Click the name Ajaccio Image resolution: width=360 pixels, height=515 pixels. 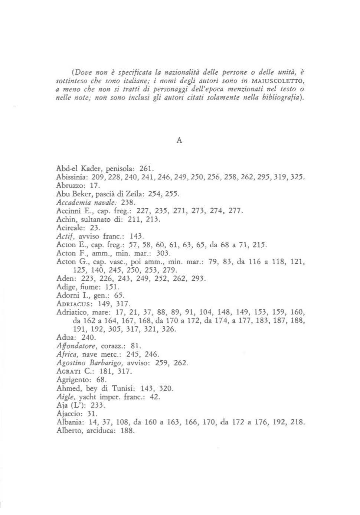67,413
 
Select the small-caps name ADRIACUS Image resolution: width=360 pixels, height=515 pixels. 71,304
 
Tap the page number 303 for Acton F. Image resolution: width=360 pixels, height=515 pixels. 163,253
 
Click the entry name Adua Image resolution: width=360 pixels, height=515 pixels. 65,338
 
